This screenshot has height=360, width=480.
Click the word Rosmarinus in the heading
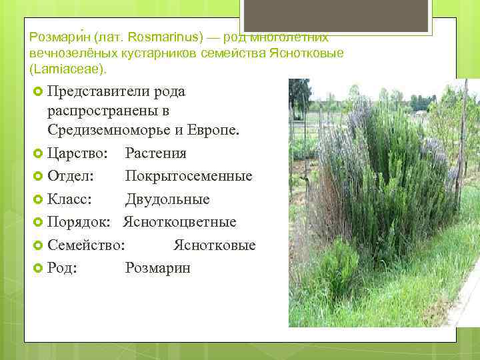pyautogui.click(x=165, y=37)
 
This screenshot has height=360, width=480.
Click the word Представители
pyautogui.click(x=98, y=91)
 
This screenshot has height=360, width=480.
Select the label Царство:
pyautogui.click(x=79, y=153)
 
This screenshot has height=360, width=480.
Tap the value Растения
pyautogui.click(x=155, y=153)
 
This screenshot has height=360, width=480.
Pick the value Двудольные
pyautogui.click(x=167, y=199)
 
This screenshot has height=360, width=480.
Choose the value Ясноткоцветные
pyautogui.click(x=179, y=222)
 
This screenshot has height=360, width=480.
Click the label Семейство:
pyautogui.click(x=85, y=245)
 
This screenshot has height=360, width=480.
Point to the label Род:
pyautogui.click(x=62, y=268)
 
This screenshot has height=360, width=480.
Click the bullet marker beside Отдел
pyautogui.click(x=37, y=177)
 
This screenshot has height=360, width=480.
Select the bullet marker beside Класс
pyautogui.click(x=37, y=199)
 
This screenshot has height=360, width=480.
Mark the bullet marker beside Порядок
pyautogui.click(x=37, y=222)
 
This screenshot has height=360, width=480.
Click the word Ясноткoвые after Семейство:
pyautogui.click(x=214, y=245)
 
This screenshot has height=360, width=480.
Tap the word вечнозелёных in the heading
pyautogui.click(x=61, y=53)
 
